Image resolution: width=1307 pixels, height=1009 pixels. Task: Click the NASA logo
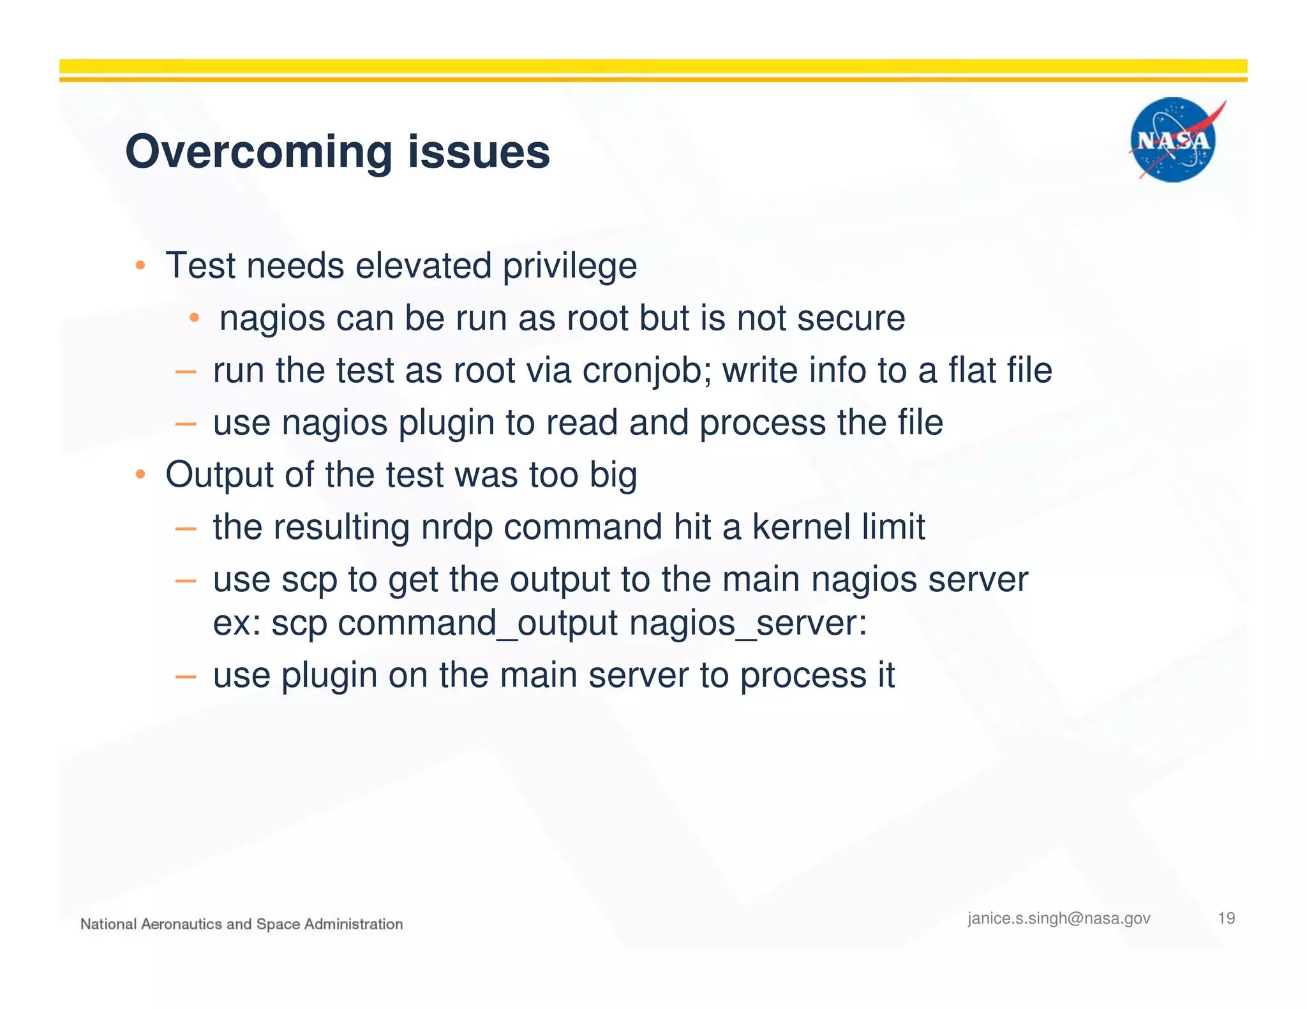pyautogui.click(x=1173, y=140)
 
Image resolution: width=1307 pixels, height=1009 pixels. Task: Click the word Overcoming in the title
pyautogui.click(x=258, y=152)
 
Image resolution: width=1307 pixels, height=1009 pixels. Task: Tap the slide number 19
pyautogui.click(x=1226, y=918)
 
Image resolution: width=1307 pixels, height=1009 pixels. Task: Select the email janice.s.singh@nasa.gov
pyautogui.click(x=1059, y=918)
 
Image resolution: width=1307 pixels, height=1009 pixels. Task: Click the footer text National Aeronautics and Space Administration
pyautogui.click(x=241, y=924)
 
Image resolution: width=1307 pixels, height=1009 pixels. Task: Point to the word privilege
pyautogui.click(x=570, y=266)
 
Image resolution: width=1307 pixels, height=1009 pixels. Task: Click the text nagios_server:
pyautogui.click(x=748, y=623)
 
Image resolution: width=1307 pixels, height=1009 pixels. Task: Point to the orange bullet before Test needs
pyautogui.click(x=140, y=265)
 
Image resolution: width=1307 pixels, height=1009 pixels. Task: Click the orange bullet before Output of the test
pyautogui.click(x=140, y=475)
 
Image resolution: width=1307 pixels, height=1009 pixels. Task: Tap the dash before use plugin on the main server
pyautogui.click(x=185, y=676)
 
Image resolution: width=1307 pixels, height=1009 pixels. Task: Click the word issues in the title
pyautogui.click(x=479, y=152)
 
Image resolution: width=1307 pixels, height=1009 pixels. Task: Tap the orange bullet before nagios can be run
pyautogui.click(x=195, y=318)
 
